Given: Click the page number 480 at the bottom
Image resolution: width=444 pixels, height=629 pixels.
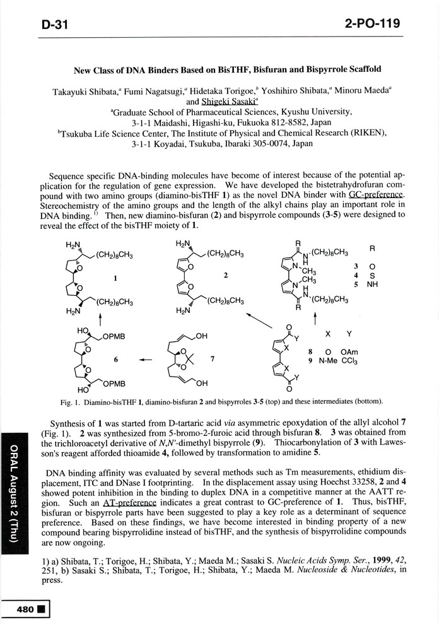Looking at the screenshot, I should click(x=26, y=609).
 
